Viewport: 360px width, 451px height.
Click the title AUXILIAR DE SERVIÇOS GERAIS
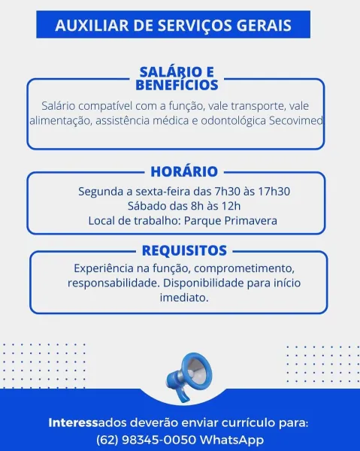[173, 26]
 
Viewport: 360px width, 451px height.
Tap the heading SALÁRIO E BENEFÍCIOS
[177, 78]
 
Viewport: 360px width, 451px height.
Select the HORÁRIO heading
[183, 171]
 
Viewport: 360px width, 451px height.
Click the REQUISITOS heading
[184, 250]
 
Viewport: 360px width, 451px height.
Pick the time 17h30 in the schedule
[274, 192]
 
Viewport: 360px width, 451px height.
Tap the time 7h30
[229, 192]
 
